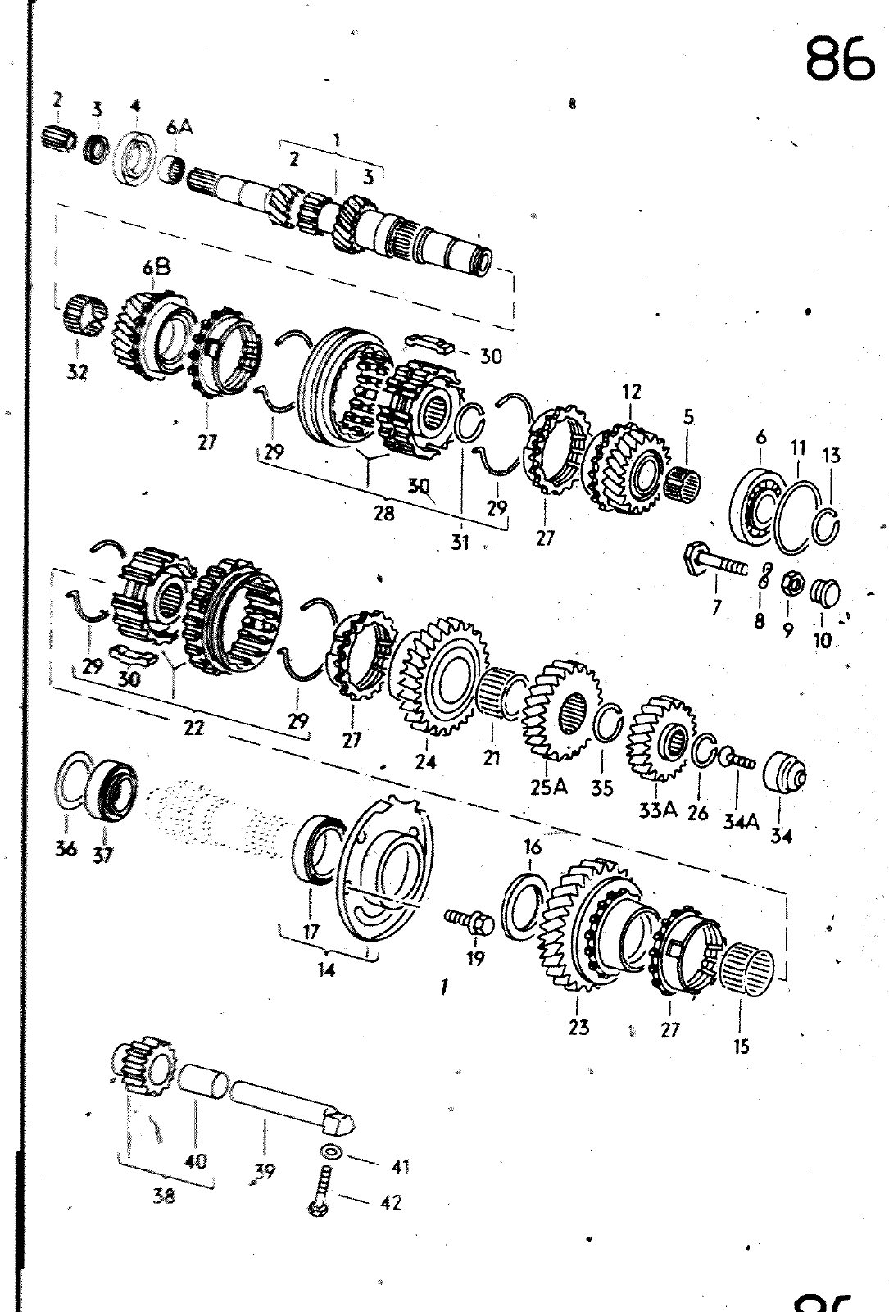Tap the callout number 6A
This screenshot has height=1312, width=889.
coord(179,128)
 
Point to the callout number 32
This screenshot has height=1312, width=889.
coord(77,372)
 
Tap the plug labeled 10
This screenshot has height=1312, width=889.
coord(824,592)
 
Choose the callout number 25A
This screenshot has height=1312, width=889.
coord(549,787)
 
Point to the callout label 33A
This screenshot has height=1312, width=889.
coord(658,810)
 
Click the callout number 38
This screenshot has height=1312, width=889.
coord(164,1196)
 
